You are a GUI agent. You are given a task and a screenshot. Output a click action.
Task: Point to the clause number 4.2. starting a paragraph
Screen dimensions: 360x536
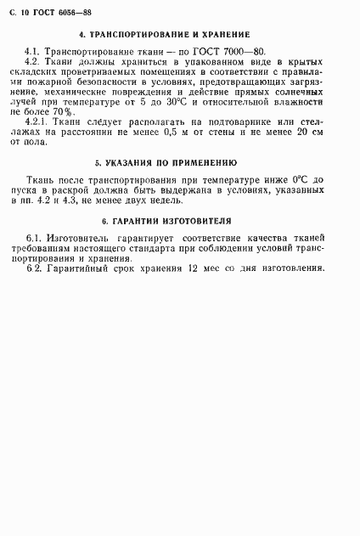click(x=33, y=63)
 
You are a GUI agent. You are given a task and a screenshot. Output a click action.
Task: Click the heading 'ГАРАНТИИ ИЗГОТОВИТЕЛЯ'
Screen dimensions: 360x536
click(x=170, y=221)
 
